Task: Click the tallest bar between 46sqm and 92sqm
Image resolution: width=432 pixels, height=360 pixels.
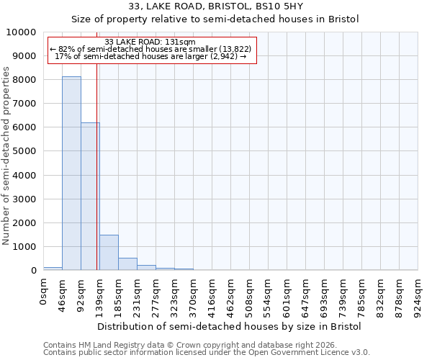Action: pos(71,173)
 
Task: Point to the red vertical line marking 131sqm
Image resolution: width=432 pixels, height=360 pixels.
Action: pos(96,166)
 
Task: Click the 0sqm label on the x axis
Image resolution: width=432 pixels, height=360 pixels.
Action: pos(44,293)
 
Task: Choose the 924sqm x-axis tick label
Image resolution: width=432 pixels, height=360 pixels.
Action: pos(418,296)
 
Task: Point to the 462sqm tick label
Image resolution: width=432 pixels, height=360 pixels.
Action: pos(231,296)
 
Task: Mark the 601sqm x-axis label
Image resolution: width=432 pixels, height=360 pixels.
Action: pos(287,296)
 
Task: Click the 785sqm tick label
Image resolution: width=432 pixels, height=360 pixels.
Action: pos(362,296)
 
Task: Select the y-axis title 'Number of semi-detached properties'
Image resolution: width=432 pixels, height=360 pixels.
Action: pos(6,156)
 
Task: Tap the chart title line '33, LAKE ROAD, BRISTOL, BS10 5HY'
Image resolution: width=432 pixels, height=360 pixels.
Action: pos(215,6)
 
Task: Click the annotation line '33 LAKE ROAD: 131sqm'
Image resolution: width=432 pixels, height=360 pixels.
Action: pos(150,42)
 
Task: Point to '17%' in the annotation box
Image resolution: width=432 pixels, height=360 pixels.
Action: pos(62,56)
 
